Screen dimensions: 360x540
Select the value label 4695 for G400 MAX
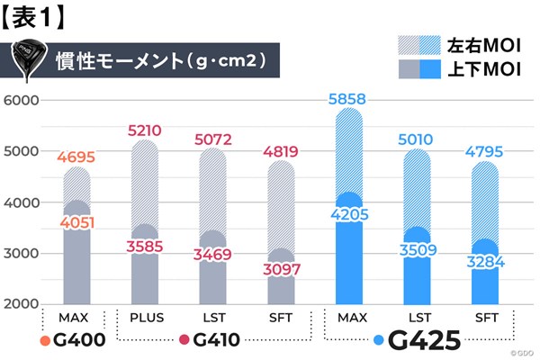76,157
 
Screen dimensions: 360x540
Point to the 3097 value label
282,270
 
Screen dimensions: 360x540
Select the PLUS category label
145,319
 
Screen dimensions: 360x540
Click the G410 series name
220,340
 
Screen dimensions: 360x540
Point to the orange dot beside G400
44,341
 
